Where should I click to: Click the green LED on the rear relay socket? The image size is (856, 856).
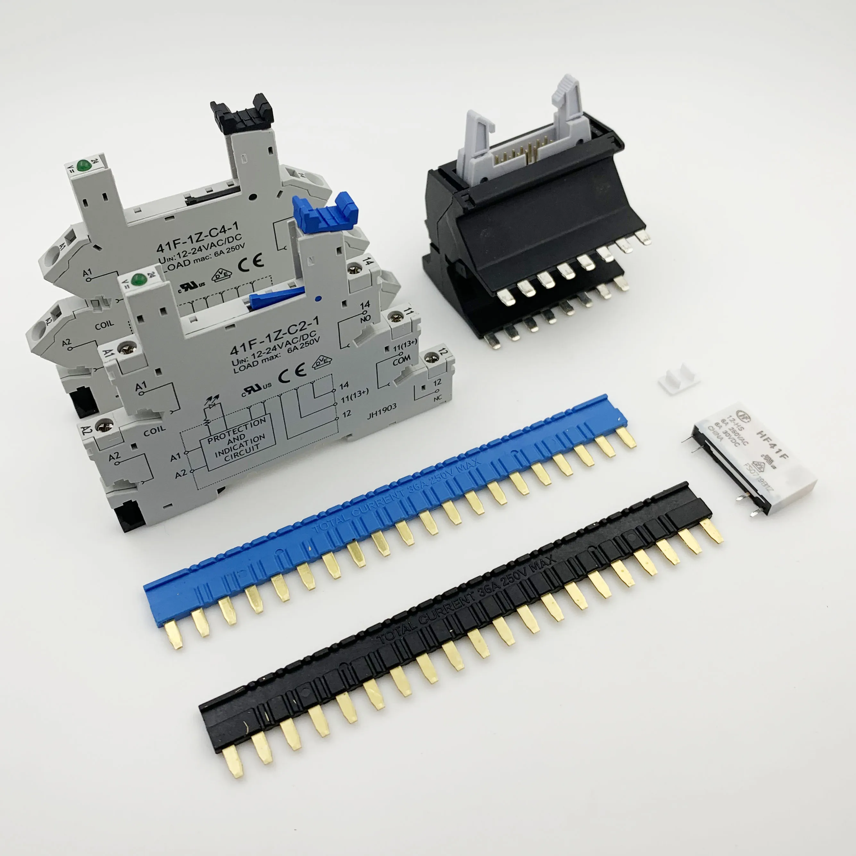(82, 166)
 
